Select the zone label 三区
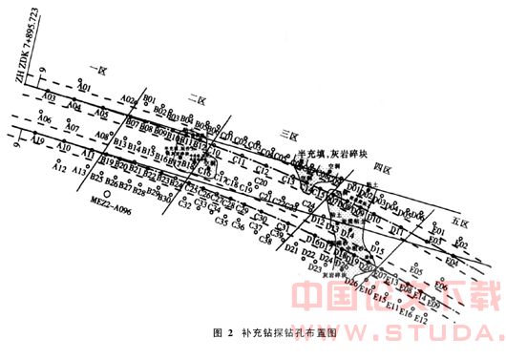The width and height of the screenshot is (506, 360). click(x=284, y=134)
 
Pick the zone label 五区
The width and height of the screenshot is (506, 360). click(x=459, y=222)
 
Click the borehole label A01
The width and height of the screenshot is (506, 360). click(x=84, y=87)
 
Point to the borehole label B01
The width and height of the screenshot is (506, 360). click(x=149, y=98)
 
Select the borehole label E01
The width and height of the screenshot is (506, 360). click(x=439, y=231)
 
